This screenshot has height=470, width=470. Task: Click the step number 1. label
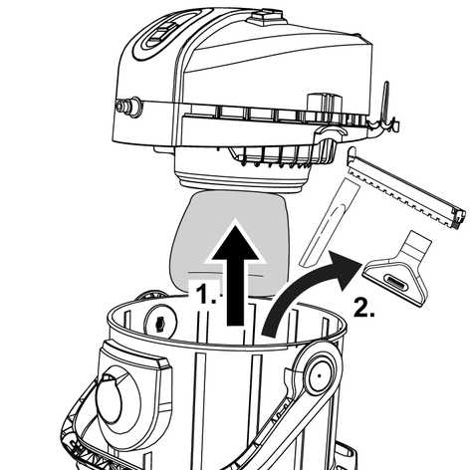[x=206, y=294]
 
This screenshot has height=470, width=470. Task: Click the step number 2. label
[x=364, y=307]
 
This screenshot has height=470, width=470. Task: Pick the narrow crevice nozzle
[x=330, y=222]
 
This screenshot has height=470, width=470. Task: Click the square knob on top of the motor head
[x=266, y=17]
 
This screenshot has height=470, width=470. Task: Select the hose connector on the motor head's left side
[x=128, y=107]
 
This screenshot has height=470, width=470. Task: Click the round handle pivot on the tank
[x=319, y=375]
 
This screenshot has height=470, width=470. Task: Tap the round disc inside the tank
[x=160, y=322]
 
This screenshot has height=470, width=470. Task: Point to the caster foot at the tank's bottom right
[x=346, y=455]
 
